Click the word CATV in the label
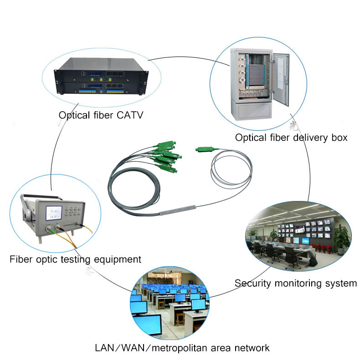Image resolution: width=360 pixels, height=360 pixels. [130, 115]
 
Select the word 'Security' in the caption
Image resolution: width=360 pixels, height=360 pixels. [253, 283]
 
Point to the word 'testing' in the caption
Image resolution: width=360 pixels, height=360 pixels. [76, 260]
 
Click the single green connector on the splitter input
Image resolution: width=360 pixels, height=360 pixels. [204, 149]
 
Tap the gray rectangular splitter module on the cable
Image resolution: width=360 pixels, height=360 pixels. [177, 210]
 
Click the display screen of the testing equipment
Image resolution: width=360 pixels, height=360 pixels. [54, 213]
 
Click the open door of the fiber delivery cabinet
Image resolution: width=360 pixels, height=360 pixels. [281, 78]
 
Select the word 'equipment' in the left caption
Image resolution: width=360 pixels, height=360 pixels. [118, 260]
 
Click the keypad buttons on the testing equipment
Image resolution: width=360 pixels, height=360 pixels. [73, 212]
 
